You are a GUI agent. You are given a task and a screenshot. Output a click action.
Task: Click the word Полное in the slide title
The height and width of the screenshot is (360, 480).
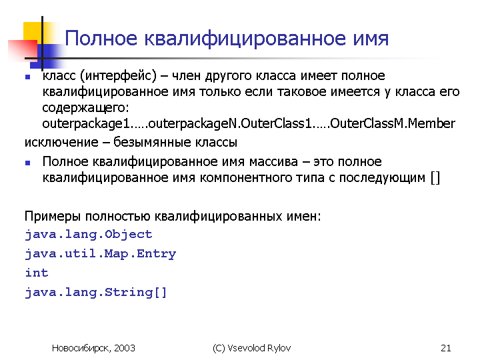[101, 39]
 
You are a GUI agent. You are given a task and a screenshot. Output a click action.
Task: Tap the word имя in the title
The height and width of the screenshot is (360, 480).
[371, 39]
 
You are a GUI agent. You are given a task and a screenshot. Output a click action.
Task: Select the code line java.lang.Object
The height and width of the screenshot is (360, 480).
[89, 235]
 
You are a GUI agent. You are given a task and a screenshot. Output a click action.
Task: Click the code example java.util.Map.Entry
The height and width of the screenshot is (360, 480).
[101, 254]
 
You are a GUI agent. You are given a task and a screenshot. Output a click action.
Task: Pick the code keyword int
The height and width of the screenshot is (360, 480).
[37, 273]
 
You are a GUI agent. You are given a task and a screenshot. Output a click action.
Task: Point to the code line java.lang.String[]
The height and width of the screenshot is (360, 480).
[96, 293]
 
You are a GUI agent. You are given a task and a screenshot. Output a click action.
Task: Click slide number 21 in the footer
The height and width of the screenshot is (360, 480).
[446, 348]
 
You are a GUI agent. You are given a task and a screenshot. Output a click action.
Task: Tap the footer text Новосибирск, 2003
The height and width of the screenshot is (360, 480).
[93, 348]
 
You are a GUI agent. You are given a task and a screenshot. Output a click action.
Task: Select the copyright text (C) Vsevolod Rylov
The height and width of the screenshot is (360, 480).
[251, 348]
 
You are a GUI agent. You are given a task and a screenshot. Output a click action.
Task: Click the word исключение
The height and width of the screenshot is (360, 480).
[61, 143]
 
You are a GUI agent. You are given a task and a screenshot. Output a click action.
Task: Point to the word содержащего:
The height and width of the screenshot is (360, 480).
[86, 108]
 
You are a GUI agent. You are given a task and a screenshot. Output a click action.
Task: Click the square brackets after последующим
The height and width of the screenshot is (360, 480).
[435, 177]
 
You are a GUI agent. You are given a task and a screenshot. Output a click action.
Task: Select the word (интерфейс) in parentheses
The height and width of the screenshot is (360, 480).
[118, 76]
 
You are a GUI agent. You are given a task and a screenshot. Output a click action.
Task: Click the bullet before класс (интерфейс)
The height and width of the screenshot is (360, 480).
[28, 77]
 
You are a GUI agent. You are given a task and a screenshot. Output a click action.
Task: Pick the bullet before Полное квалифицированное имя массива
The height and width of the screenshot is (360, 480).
[28, 163]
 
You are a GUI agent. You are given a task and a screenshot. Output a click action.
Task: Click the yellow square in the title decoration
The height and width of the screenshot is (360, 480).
[33, 31]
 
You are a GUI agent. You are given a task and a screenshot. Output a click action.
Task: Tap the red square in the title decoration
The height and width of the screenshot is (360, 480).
[23, 50]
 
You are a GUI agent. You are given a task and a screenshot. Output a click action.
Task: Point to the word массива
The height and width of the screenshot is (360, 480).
[273, 162]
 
